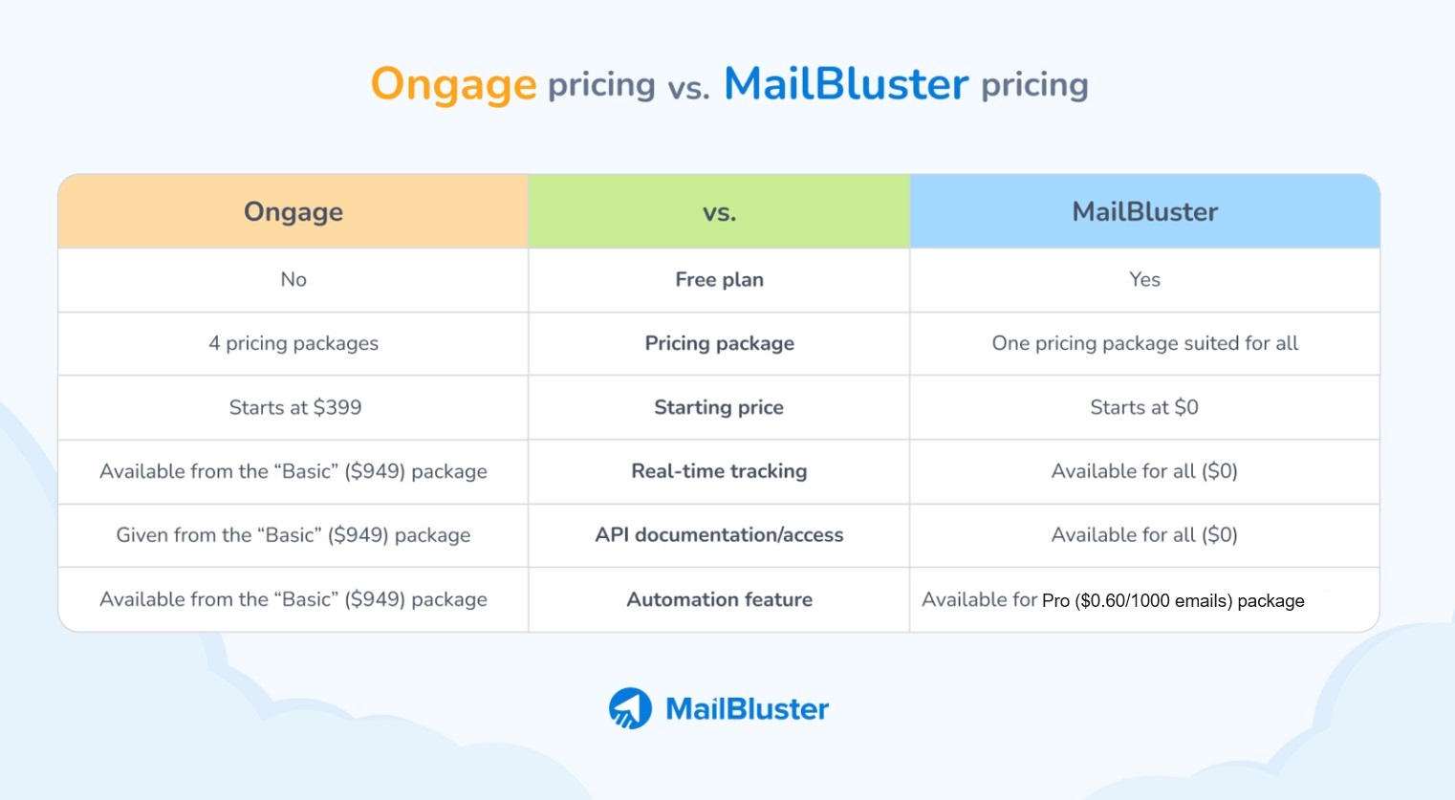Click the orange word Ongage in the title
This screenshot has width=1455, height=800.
[x=453, y=85]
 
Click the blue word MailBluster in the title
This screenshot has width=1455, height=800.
[x=846, y=84]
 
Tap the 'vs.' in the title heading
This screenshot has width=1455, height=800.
[x=688, y=89]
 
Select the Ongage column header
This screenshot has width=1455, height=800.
[x=293, y=211]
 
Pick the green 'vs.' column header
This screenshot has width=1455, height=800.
[x=719, y=211]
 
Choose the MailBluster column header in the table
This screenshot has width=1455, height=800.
[x=1144, y=211]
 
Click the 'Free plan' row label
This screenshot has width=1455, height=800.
[x=719, y=280]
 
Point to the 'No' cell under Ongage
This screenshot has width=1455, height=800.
[x=293, y=280]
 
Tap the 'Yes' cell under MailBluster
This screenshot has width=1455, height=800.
[x=1144, y=280]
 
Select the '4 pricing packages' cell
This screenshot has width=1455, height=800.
[x=293, y=343]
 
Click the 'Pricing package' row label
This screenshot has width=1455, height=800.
[x=719, y=343]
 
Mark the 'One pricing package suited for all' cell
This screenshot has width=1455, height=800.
[x=1144, y=343]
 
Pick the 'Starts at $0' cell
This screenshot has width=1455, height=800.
[x=1144, y=407]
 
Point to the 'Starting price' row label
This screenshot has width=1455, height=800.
[x=719, y=407]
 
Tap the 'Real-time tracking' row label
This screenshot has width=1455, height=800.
[x=719, y=471]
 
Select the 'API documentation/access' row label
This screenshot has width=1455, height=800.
[x=719, y=535]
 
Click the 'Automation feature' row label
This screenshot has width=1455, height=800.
[x=719, y=599]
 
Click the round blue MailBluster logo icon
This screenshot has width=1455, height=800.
[x=630, y=708]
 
